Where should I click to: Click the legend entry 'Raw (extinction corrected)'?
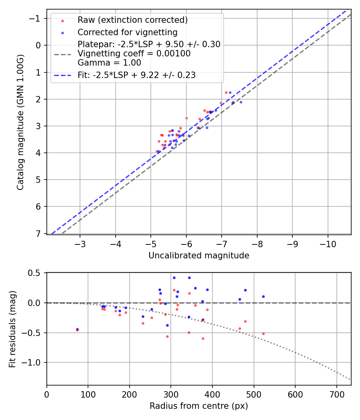pos(132,20)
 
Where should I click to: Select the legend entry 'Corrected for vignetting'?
pos(128,32)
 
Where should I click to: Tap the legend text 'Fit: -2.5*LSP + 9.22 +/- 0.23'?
pos(136,75)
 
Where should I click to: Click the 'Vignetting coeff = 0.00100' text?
pos(134,54)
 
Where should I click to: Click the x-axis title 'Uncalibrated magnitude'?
pos(199,256)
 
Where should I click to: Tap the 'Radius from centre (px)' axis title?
pos(199,406)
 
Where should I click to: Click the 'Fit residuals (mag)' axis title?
pos(12,328)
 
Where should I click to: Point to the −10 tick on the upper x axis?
pos(328,244)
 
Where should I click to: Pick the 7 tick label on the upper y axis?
pos(39,233)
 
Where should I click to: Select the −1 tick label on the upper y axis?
pos(36,18)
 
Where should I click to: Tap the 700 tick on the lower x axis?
pos(336,394)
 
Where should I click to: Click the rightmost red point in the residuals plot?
pos(263,334)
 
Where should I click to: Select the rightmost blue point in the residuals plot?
pos(263,296)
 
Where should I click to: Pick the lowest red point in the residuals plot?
pos(203,338)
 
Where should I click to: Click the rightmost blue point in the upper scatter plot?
pos(241,102)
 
